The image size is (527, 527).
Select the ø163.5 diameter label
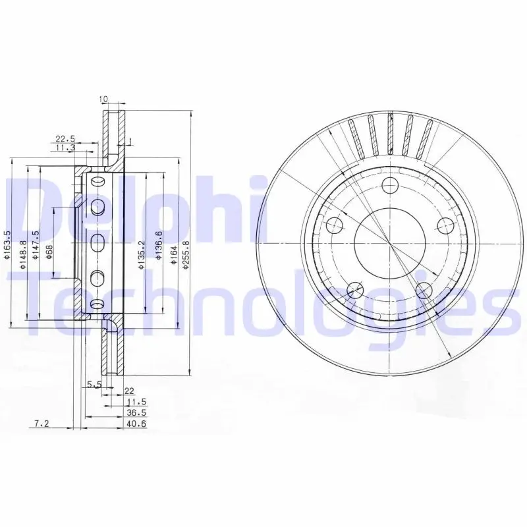pyautogui.click(x=7, y=245)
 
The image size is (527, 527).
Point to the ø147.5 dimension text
pyautogui.click(x=36, y=245)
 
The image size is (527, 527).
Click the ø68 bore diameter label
pyautogui.click(x=49, y=252)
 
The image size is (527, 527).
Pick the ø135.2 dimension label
pyautogui.click(x=142, y=255)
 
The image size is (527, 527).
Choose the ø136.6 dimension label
pyautogui.click(x=159, y=245)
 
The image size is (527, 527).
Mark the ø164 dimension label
pyautogui.click(x=174, y=255)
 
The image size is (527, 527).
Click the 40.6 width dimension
pyautogui.click(x=136, y=424)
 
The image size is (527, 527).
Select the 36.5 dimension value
pyautogui.click(x=136, y=413)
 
